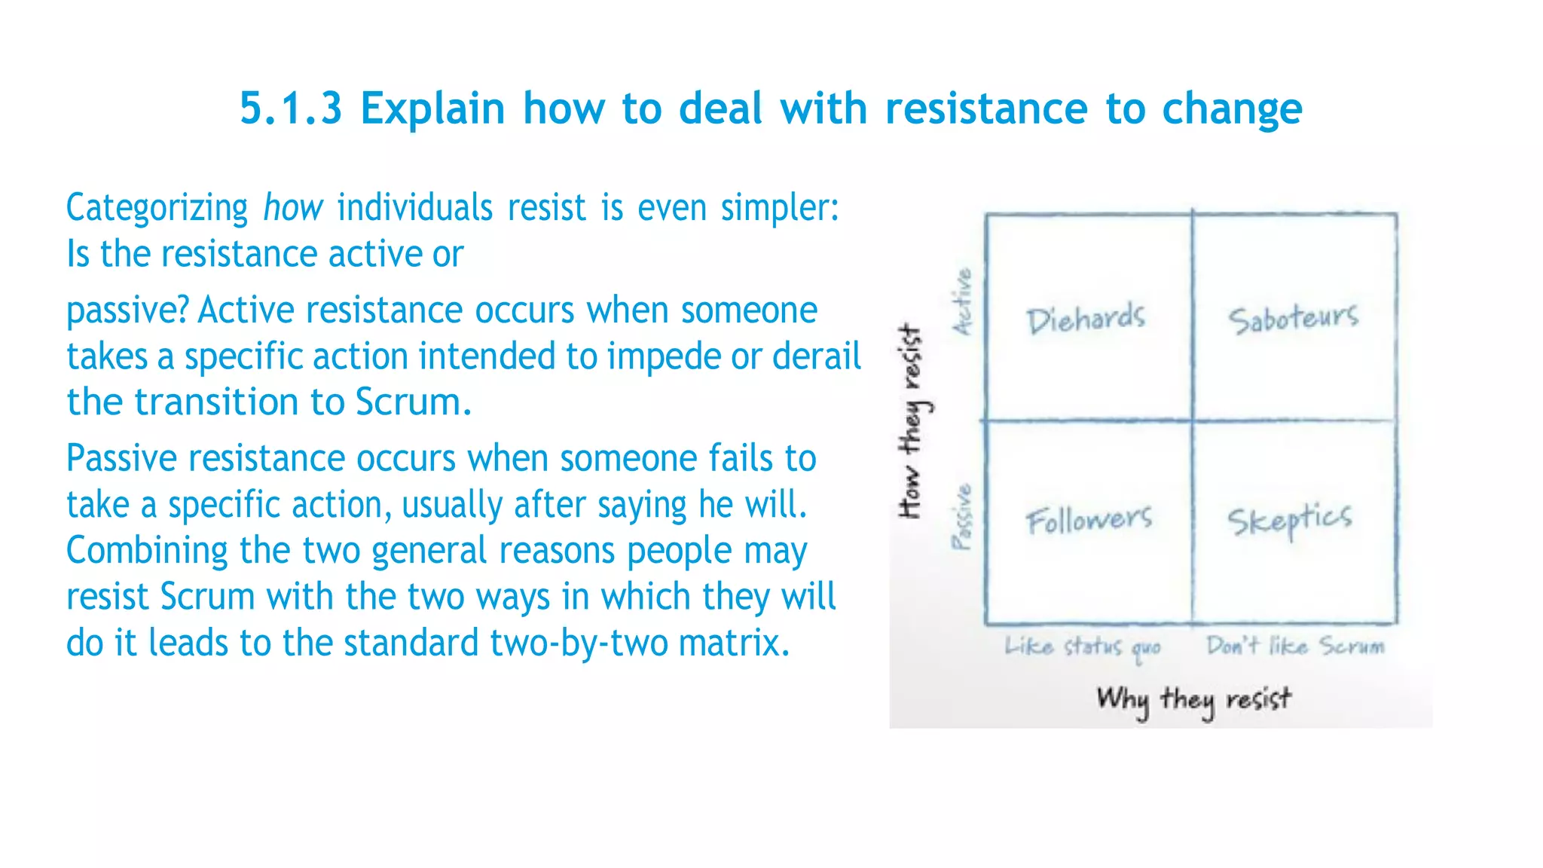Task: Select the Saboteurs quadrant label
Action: [x=1293, y=319]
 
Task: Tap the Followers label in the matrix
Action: [x=1089, y=519]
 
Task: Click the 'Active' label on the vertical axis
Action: [x=963, y=301]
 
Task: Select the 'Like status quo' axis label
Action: [x=1081, y=647]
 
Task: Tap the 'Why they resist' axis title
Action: [x=1193, y=700]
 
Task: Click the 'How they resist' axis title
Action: [x=912, y=422]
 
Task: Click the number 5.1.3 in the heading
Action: [x=291, y=108]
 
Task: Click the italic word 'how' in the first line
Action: [x=292, y=207]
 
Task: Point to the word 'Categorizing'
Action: [x=157, y=209]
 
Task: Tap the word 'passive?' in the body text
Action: [x=127, y=311]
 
